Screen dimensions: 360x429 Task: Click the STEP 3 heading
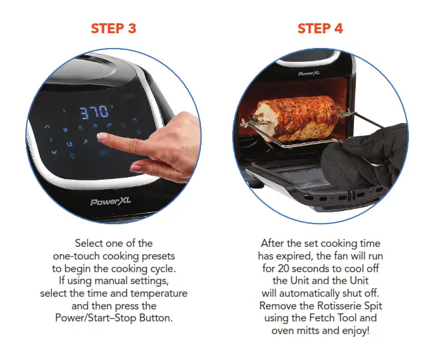(x=113, y=29)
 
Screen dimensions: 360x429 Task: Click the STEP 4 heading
(x=320, y=29)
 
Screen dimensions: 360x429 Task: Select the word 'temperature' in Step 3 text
(x=160, y=293)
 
